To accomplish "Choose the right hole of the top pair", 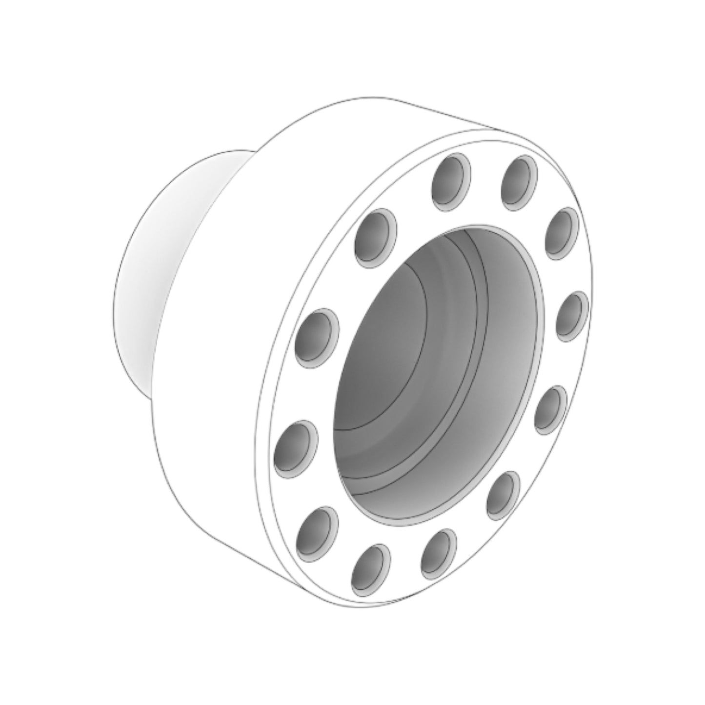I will tap(520, 182).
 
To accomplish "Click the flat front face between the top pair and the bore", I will tap(483, 210).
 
